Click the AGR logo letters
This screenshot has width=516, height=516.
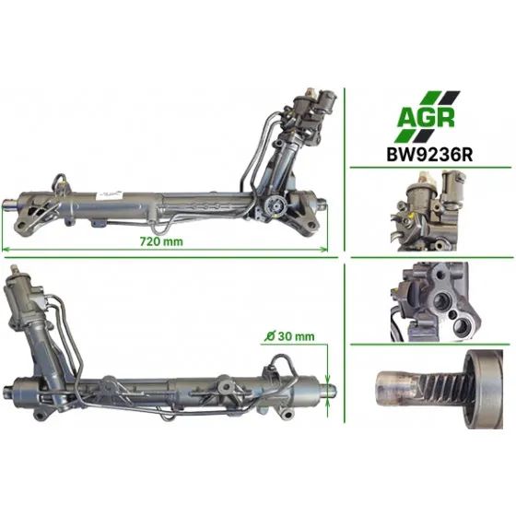tap(426, 117)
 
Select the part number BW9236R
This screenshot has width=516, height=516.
tap(429, 155)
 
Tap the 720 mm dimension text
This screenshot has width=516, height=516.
tap(161, 241)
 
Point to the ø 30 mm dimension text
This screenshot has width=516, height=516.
tap(289, 336)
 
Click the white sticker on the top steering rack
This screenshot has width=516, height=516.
tap(109, 194)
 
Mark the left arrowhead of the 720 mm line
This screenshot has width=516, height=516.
tap(6, 249)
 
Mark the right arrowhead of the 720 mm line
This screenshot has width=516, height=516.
tap(324, 249)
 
